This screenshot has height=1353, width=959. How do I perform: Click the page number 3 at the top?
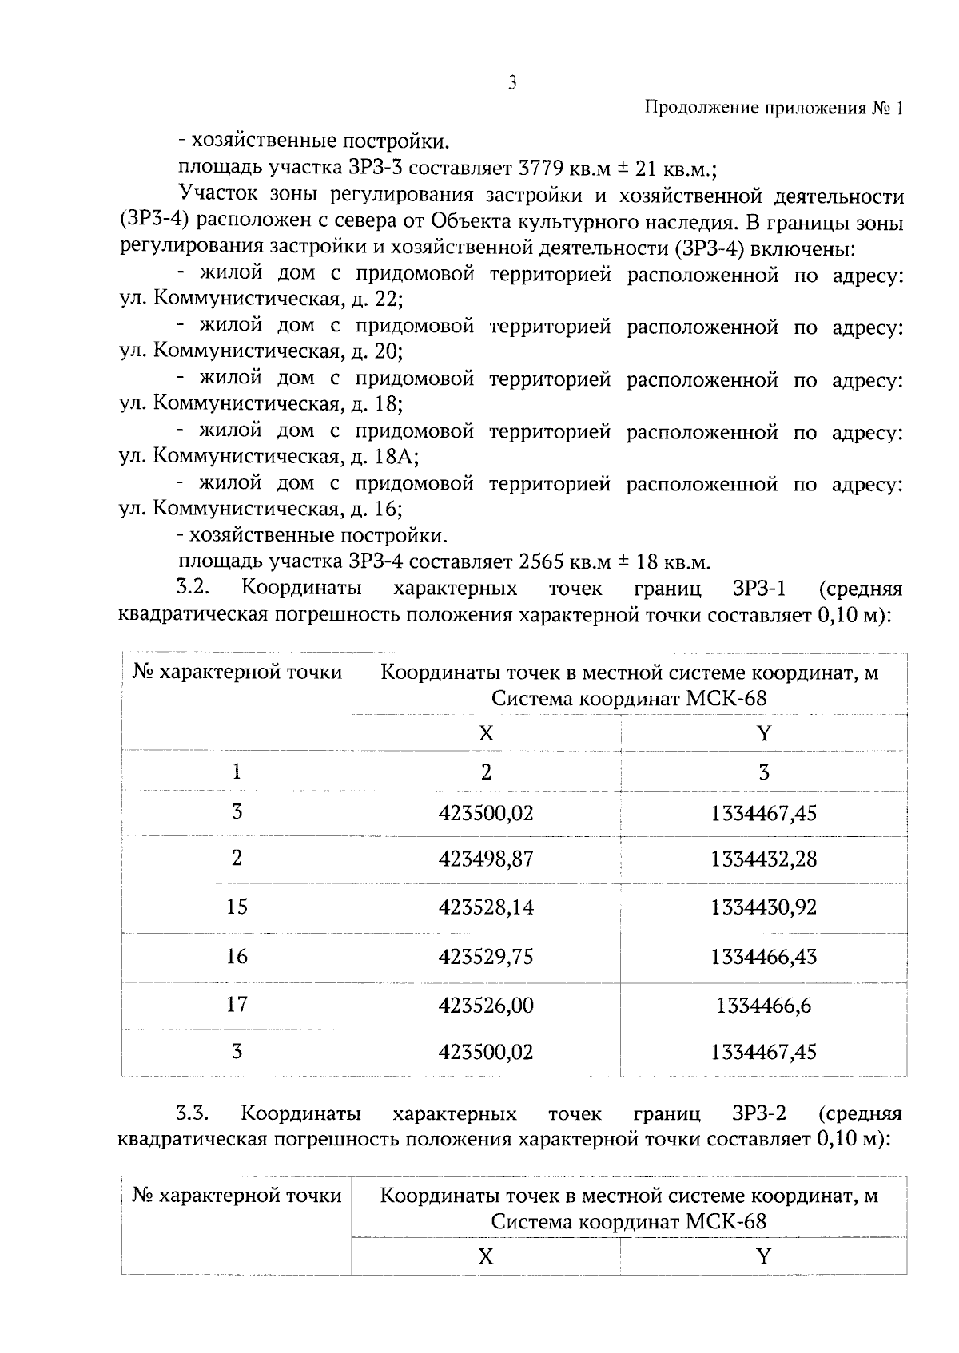tap(512, 82)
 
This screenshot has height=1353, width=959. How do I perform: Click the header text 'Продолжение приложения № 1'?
tap(773, 109)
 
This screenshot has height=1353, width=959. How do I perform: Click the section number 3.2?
tap(192, 589)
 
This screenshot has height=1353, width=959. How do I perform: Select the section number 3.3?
tap(192, 1113)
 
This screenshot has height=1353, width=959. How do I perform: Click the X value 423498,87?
tap(486, 859)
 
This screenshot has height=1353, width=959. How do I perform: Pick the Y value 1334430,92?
tap(763, 907)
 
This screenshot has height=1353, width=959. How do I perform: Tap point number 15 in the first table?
tap(237, 907)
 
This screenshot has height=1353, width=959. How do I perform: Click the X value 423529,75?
tap(486, 957)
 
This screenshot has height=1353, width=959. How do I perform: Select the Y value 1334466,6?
tap(763, 1005)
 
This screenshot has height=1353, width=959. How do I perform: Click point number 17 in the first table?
tap(237, 1004)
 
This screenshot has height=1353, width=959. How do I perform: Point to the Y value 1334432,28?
tap(763, 859)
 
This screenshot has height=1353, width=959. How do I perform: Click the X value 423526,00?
tap(486, 1005)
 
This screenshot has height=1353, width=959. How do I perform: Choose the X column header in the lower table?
tap(486, 1256)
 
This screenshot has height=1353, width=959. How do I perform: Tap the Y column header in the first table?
tap(763, 733)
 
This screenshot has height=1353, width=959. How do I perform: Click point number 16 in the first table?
tap(237, 956)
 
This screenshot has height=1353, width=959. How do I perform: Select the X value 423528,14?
tap(486, 907)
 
